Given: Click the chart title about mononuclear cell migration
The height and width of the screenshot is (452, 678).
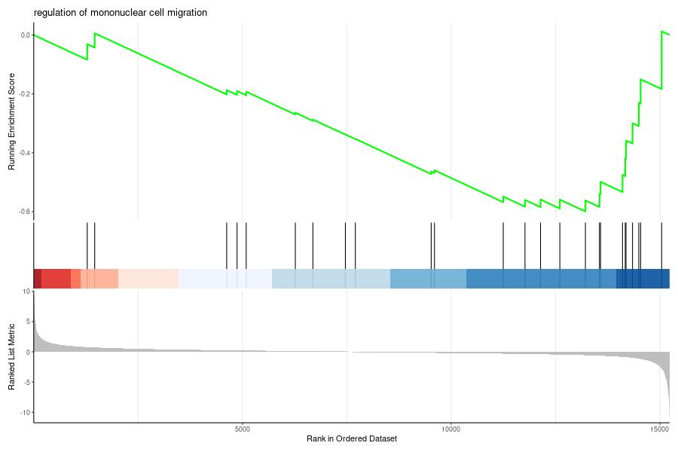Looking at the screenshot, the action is point(121,13).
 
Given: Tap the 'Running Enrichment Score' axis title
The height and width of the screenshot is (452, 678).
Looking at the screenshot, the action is point(11,121).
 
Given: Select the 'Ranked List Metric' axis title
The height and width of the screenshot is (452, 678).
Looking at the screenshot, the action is point(11,356).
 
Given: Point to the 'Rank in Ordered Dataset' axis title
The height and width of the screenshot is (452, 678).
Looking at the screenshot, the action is point(352,438).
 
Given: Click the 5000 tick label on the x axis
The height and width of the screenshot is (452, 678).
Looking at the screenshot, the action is point(243,429).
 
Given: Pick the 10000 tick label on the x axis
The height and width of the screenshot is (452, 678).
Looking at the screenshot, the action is point(451,429).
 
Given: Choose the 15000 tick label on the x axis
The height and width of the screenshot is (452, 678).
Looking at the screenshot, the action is point(659,429).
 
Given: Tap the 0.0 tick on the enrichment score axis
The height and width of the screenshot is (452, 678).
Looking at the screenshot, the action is point(26,35).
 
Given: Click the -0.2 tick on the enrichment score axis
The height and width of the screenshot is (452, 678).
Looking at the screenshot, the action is point(25,94).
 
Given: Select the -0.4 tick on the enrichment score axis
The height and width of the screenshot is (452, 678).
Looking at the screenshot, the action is point(25,153).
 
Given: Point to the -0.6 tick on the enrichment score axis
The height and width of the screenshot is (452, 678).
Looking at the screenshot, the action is point(25,212).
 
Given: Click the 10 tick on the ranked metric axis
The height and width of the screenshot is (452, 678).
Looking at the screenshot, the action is point(27,292).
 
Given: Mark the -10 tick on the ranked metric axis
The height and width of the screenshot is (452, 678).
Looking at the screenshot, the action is point(26,413).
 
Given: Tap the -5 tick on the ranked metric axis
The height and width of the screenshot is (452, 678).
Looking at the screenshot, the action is point(27,383).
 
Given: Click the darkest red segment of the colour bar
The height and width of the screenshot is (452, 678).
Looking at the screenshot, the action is point(38,279).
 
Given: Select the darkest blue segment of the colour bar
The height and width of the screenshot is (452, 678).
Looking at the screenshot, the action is point(643,279).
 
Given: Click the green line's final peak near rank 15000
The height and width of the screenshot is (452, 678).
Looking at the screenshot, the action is point(661,31).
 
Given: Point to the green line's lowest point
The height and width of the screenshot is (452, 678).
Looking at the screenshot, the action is point(585,211).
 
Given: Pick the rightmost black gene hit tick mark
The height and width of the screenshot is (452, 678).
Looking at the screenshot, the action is point(661,246).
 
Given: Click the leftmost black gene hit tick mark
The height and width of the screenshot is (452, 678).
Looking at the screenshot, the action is point(87,246).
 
